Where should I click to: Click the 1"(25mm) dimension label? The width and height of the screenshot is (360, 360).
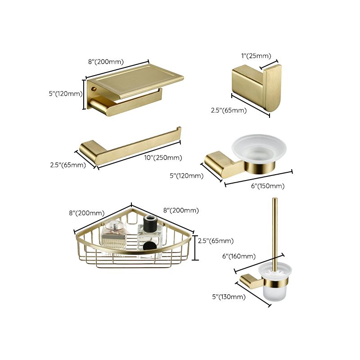256,56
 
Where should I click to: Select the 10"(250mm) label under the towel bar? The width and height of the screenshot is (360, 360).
163,157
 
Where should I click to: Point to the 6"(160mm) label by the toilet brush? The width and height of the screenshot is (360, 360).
239,256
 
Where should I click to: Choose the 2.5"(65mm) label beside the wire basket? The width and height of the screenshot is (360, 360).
216,241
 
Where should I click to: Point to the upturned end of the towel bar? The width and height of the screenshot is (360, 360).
179,131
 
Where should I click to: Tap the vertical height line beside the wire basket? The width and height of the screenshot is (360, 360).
194,247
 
